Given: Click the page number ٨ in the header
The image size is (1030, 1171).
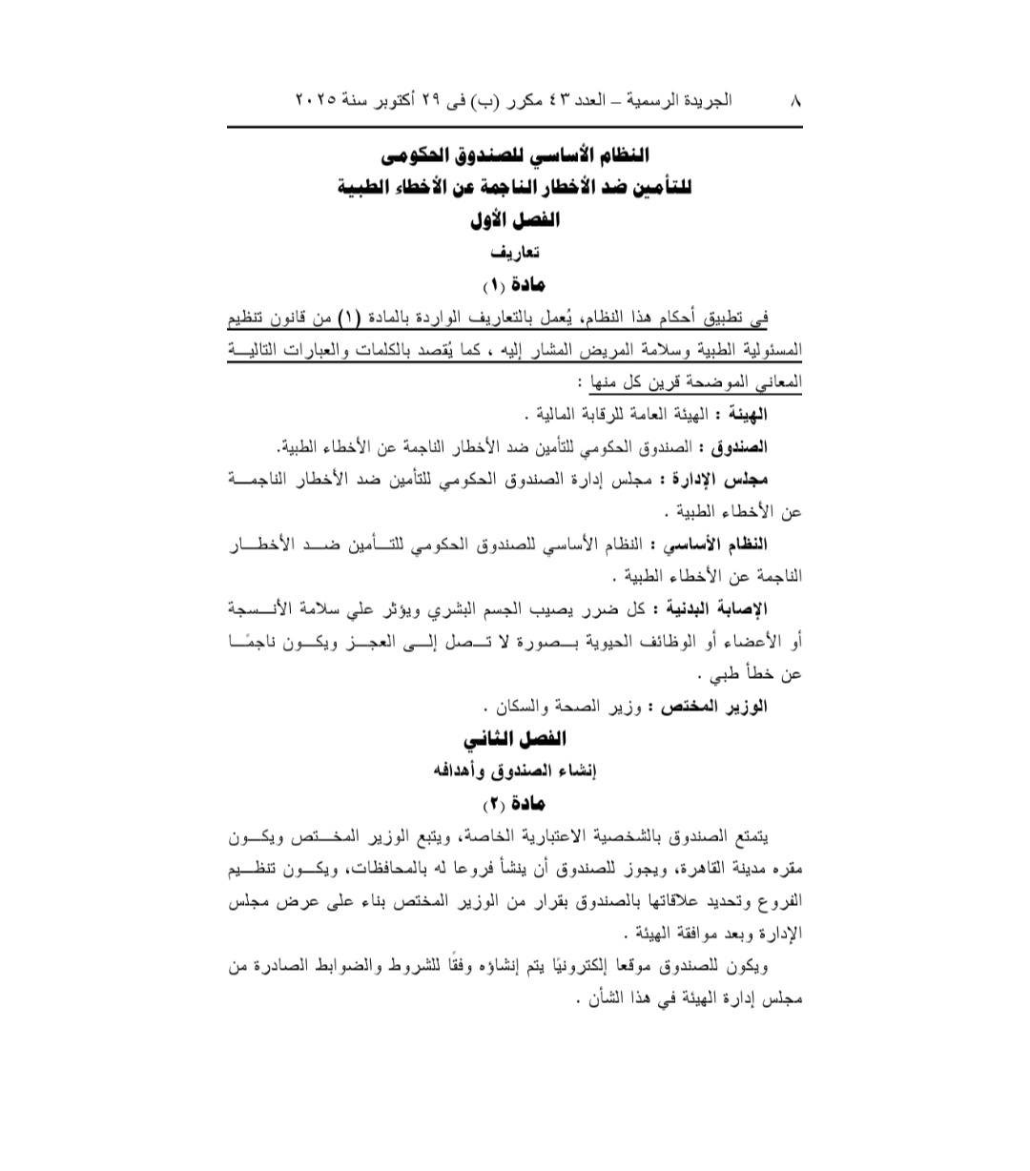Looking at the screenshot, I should coord(795,99).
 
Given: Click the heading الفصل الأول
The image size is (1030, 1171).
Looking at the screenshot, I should coord(515,220).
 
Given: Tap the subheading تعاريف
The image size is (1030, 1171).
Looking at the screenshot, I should coord(515,253).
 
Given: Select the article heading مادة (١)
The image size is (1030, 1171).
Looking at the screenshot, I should coord(514,284).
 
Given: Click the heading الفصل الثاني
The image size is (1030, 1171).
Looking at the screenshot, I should coord(515,739).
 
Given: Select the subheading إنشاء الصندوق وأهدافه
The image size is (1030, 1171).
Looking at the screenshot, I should coord(515,771).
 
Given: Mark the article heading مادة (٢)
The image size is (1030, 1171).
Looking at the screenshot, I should coord(514,803).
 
